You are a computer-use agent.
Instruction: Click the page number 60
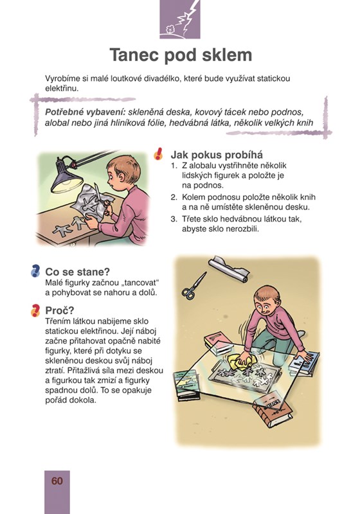point(57,481)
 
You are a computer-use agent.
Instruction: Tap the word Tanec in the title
point(134,55)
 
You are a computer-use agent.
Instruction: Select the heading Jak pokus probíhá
point(217,155)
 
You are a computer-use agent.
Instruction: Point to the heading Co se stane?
point(77,272)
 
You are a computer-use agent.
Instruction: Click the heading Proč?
point(60,310)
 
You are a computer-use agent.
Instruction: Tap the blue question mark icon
point(35,271)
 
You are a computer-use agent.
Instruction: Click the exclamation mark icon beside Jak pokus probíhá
point(158,154)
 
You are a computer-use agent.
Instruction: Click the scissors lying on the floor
point(194,285)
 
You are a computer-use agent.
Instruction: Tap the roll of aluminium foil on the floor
point(229,269)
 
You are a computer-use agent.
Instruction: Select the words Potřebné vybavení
point(85,112)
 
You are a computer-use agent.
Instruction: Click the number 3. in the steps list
point(174,218)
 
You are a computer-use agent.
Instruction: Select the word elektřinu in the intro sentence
point(62,88)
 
